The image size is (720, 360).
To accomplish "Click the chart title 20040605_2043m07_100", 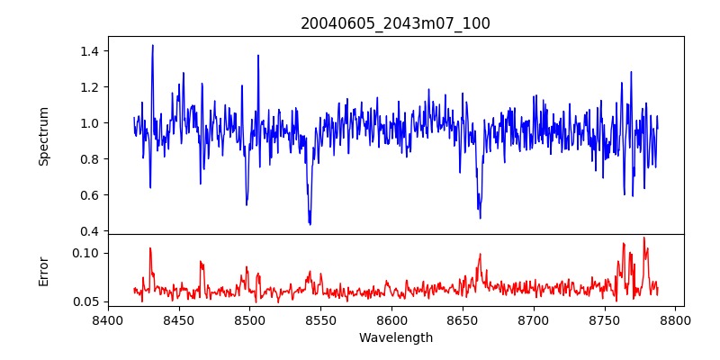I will coord(395,23).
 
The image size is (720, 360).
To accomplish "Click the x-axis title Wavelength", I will coord(395,337).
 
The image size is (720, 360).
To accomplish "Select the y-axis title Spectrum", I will coord(44,136).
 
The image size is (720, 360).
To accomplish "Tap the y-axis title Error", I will coord(44,270).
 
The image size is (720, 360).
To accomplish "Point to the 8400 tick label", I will coord(108,319).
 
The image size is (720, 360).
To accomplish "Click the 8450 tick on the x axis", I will coord(179,319).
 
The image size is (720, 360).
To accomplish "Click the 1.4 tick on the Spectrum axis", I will coord(89,51).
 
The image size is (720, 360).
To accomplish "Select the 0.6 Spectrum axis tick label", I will coord(89,195).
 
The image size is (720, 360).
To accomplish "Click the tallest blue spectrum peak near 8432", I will coord(153,45).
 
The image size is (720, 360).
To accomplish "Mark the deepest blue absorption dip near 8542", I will coord(310,224).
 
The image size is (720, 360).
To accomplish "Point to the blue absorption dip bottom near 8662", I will coord(480,217).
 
